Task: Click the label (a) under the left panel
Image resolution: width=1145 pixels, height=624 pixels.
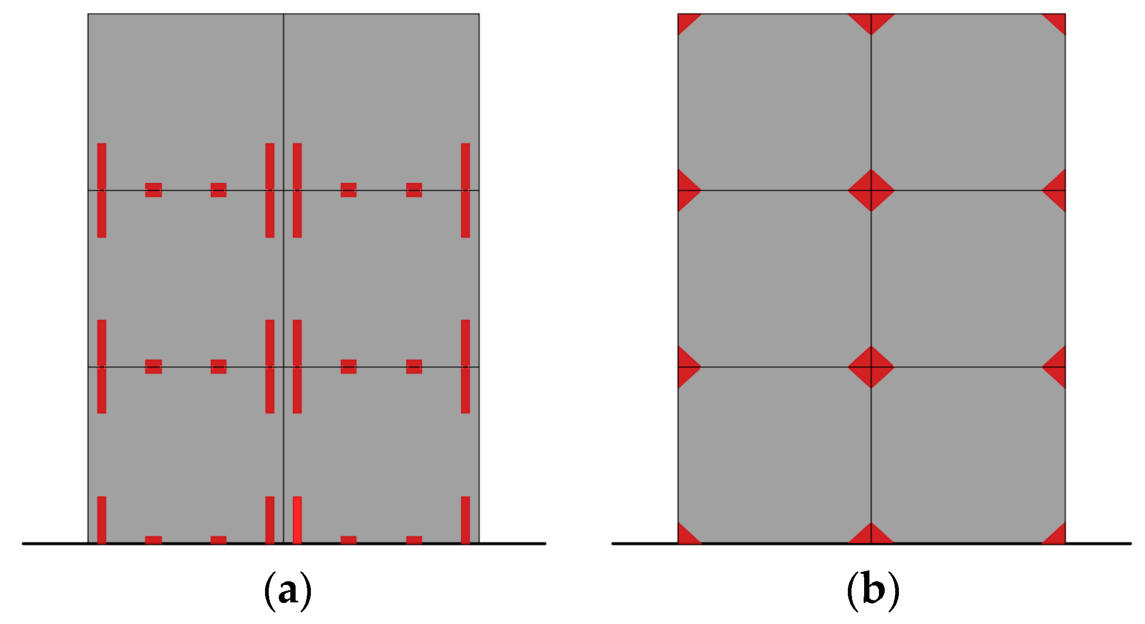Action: (287, 590)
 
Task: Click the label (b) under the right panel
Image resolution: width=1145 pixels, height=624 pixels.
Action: (873, 590)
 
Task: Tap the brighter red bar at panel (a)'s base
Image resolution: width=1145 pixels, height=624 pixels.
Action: (297, 520)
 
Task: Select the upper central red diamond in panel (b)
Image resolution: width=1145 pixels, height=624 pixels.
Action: (871, 190)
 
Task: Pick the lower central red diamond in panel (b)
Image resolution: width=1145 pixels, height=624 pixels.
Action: (871, 367)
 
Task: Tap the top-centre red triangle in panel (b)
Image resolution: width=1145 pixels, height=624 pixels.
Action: (871, 22)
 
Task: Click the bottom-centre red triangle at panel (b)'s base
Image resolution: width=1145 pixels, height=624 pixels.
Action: (871, 535)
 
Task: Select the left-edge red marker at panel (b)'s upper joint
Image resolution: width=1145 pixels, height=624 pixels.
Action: (687, 190)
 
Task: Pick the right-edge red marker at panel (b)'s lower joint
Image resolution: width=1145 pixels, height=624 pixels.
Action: (1056, 367)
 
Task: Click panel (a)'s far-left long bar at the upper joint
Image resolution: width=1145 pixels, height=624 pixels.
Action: (102, 190)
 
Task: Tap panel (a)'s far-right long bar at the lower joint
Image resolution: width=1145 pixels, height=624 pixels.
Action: (465, 367)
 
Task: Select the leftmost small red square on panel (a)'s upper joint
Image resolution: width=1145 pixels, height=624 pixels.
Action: (153, 190)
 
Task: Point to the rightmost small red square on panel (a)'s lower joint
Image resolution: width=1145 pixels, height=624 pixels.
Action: (414, 367)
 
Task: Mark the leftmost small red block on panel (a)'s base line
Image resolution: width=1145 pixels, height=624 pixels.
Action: (153, 540)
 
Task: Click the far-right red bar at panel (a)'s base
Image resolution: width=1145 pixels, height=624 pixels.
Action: (465, 520)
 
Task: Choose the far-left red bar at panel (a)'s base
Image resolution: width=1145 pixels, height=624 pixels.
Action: (102, 520)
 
